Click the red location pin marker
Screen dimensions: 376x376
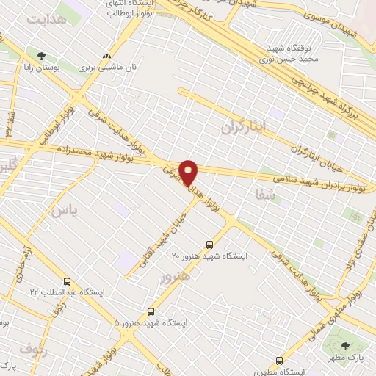pos(189,172)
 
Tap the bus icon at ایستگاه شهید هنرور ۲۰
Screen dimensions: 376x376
pos(211,244)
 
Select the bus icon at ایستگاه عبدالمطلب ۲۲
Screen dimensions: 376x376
pos(68,281)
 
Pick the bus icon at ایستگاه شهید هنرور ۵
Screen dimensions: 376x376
pos(151,311)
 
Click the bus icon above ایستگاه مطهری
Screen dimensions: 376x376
pos(278,360)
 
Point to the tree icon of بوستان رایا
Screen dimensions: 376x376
pos(41,55)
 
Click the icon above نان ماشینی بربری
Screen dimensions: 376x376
pos(108,56)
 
